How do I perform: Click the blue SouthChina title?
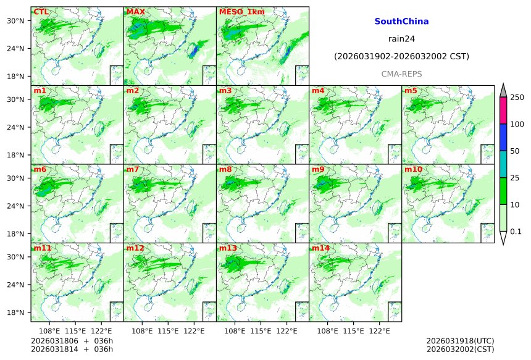(401, 21)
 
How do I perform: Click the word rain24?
(401, 38)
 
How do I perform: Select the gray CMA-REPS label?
(401, 74)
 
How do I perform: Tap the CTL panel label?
(41, 12)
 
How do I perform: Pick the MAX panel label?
(135, 12)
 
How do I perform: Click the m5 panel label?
(411, 91)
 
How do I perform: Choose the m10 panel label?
(413, 169)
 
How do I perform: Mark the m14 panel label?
(320, 248)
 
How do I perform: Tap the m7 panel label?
(133, 169)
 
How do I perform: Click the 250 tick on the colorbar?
(517, 98)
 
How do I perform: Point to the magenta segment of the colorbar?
(503, 111)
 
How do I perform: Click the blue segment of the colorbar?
(503, 137)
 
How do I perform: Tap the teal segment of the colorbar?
(503, 164)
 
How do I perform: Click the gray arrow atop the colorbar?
(503, 90)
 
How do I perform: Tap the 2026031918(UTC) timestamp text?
(460, 340)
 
